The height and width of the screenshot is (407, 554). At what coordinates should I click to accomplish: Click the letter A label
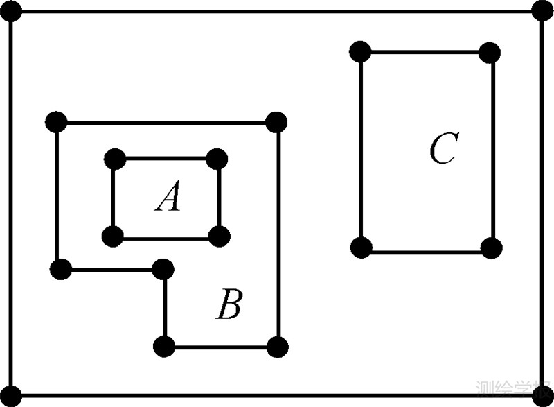[168, 197]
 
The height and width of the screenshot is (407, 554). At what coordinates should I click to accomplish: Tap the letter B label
[229, 305]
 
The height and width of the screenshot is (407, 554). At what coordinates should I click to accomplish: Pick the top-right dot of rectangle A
[217, 159]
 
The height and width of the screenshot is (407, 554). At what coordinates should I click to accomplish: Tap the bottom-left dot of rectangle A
[112, 237]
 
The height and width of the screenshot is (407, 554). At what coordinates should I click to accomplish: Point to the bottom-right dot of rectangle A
[219, 237]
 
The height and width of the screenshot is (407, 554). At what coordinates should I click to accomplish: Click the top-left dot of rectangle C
[360, 51]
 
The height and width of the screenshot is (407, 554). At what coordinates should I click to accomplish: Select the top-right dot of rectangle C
[490, 52]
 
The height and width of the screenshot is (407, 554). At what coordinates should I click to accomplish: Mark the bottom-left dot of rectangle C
[361, 248]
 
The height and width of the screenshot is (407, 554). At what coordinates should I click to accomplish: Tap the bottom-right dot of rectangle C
[490, 248]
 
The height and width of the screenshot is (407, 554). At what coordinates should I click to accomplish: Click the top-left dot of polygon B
[56, 122]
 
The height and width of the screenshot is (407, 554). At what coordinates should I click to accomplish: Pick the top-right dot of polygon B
[276, 122]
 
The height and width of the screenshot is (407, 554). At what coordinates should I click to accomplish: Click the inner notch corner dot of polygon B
[163, 268]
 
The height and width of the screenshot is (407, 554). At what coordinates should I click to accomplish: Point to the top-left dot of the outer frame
[12, 12]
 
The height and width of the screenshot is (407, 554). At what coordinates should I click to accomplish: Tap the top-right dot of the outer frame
[542, 11]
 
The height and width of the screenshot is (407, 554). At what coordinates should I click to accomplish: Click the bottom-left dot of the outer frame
[12, 397]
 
